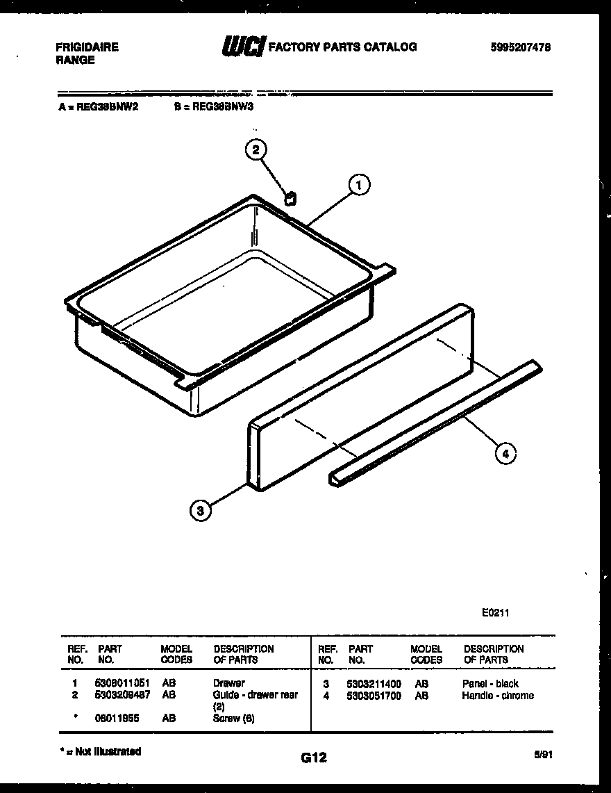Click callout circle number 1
[x=358, y=186]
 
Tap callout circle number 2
[x=256, y=149]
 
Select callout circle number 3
[x=200, y=512]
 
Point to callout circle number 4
[x=505, y=454]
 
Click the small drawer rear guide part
[x=291, y=199]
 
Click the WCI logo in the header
[x=242, y=47]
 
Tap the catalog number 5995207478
[x=520, y=47]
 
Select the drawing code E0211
[x=496, y=613]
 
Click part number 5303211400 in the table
[x=374, y=684]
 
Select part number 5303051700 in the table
[x=374, y=696]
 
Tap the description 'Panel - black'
[x=490, y=684]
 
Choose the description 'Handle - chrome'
[x=498, y=696]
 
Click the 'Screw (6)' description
[x=234, y=719]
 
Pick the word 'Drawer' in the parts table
[x=229, y=683]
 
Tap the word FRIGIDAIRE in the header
[x=87, y=47]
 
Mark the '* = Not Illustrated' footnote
[x=101, y=751]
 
